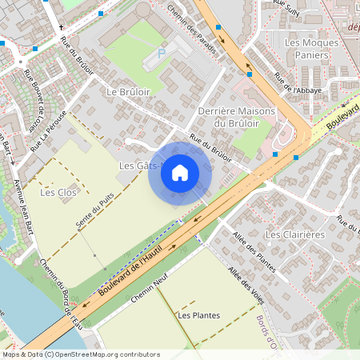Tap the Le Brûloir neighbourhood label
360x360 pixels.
click(128, 93)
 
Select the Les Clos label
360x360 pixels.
click(57, 192)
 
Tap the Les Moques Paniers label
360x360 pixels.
click(306, 48)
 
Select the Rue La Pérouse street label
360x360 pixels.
click(47, 131)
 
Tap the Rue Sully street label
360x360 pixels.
click(287, 8)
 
